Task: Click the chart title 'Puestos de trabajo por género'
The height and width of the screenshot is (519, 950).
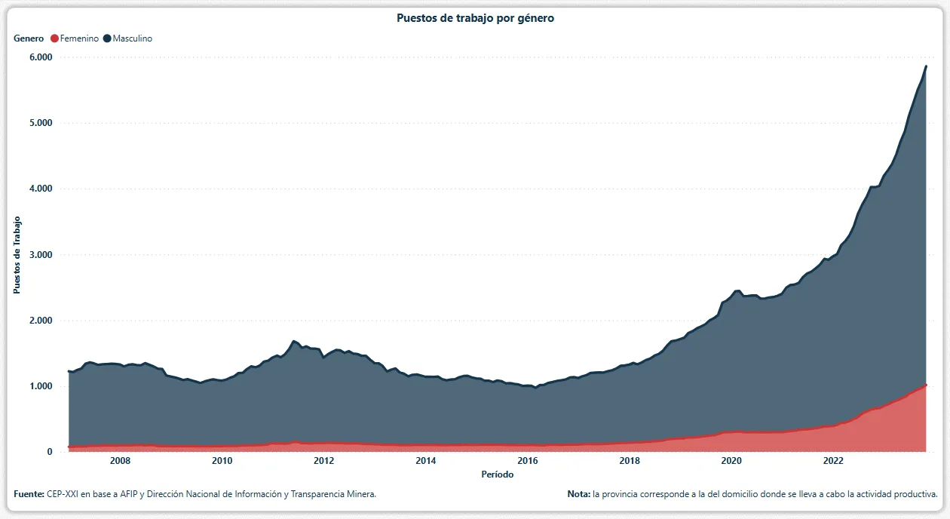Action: click(475, 18)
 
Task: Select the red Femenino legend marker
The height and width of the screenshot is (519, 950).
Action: click(54, 38)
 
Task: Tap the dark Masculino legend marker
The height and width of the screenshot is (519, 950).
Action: click(107, 38)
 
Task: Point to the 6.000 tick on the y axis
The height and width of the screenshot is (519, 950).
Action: click(40, 57)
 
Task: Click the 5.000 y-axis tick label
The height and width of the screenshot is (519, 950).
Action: click(40, 123)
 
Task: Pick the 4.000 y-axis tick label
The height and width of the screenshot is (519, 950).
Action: click(40, 189)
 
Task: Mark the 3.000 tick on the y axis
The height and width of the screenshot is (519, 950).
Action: click(40, 255)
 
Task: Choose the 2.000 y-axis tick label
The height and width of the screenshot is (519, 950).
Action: click(40, 321)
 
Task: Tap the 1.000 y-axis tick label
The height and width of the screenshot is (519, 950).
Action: click(40, 386)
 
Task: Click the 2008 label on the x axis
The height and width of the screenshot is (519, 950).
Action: click(120, 461)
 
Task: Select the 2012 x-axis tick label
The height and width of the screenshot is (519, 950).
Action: click(323, 461)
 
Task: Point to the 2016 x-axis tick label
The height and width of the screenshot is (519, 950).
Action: click(527, 461)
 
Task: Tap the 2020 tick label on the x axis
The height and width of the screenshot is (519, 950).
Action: click(731, 461)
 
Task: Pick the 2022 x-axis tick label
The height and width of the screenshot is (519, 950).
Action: click(832, 461)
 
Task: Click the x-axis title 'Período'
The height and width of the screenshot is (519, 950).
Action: click(498, 474)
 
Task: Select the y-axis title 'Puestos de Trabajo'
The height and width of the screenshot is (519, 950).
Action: click(17, 255)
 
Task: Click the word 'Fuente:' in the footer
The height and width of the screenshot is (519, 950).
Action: click(29, 494)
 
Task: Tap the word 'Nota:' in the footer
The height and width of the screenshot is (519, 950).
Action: click(579, 494)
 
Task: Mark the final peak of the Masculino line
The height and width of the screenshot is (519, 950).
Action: click(926, 66)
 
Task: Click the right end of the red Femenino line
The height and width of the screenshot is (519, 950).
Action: click(926, 385)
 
